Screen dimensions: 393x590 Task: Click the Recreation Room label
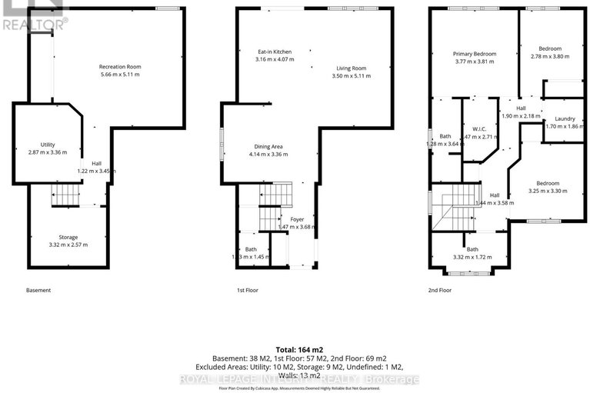point(120,66)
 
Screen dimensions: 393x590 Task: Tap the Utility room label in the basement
point(48,144)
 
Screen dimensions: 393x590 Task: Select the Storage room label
point(68,237)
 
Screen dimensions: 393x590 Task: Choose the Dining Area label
point(268,146)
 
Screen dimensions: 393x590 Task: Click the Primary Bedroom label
point(474,54)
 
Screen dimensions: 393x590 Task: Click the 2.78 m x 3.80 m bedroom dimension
point(550,56)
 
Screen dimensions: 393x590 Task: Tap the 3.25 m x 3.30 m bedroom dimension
point(547,191)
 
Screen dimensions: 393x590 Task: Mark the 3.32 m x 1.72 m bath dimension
point(472,257)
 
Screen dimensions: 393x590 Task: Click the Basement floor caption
point(38,290)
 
